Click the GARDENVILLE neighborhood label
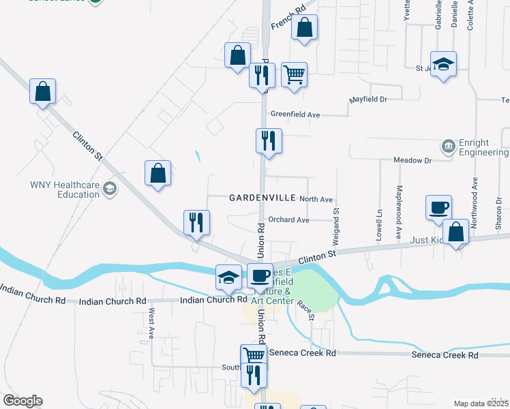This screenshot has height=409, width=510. coord(262,198)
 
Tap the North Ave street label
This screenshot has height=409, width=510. coord(316,199)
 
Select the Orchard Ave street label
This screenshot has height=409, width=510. coord(288,220)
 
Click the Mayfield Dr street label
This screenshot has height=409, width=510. coord(368,100)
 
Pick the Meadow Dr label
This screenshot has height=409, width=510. coord(412,160)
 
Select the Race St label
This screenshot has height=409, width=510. coord(306,309)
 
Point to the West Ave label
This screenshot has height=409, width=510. coord(151,324)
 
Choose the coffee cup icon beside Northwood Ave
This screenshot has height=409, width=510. coord(438,207)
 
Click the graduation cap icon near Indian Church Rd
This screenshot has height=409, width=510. coord(228,276)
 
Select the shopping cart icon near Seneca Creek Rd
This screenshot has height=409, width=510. coord(254,355)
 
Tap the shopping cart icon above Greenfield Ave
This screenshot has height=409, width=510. coord(294,74)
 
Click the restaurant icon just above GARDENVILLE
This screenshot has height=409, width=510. coord(268,140)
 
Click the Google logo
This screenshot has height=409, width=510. coord(22,401)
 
